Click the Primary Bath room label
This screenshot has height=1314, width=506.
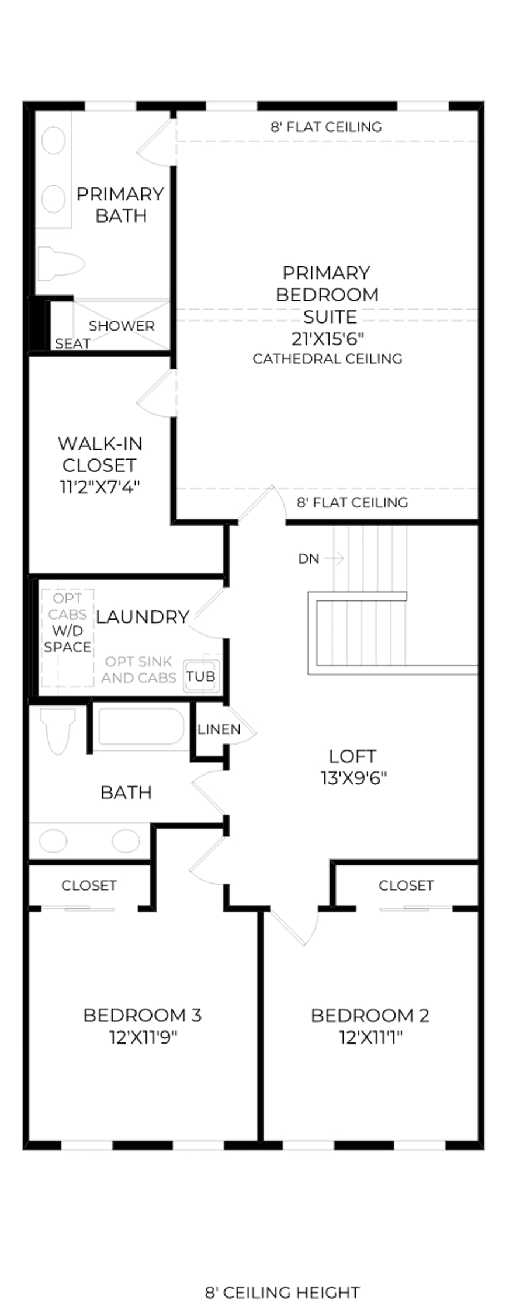click(x=120, y=204)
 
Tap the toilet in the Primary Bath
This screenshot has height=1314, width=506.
click(x=61, y=263)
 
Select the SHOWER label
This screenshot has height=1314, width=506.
click(x=122, y=325)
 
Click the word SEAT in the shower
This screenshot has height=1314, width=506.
click(x=72, y=343)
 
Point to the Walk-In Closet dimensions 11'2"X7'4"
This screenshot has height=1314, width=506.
click(x=100, y=486)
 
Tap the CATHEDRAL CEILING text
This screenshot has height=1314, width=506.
click(x=327, y=359)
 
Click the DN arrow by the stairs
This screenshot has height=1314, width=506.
click(x=334, y=559)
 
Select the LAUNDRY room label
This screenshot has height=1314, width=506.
click(x=143, y=617)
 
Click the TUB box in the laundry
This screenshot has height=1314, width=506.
click(x=201, y=676)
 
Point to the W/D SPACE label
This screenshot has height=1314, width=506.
click(x=68, y=639)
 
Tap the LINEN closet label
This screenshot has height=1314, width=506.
click(x=219, y=729)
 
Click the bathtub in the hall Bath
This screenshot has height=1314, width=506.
click(x=141, y=726)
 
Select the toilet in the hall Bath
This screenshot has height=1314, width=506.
click(x=58, y=731)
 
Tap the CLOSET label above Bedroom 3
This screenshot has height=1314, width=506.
click(x=89, y=885)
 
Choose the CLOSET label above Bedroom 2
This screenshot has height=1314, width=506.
click(x=406, y=885)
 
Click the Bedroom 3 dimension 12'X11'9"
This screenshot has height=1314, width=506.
click(x=143, y=1037)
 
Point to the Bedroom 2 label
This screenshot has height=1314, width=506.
click(x=370, y=1016)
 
